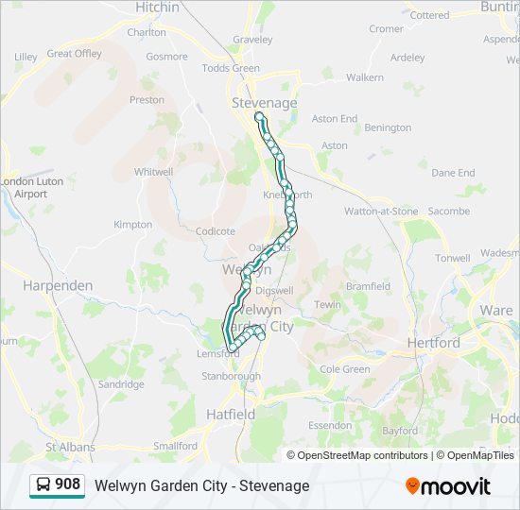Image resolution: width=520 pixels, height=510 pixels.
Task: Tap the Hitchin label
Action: pyautogui.click(x=157, y=8)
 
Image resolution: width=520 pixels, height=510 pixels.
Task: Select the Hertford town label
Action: pyautogui.click(x=433, y=343)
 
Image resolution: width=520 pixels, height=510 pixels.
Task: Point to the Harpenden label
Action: pyautogui.click(x=58, y=285)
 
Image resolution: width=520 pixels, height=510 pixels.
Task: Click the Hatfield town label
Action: pyautogui.click(x=231, y=415)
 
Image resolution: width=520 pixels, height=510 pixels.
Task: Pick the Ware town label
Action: pyautogui.click(x=496, y=310)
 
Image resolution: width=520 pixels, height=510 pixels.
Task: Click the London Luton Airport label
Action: pyautogui.click(x=24, y=187)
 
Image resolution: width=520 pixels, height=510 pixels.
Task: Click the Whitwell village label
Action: pyautogui.click(x=154, y=172)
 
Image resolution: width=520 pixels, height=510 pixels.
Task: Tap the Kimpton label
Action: pyautogui.click(x=132, y=225)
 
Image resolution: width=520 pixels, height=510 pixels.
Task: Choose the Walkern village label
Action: pyautogui.click(x=365, y=77)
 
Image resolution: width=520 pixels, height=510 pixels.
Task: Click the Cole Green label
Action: pyautogui.click(x=345, y=369)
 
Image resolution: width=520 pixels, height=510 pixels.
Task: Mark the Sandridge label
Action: pyautogui.click(x=122, y=384)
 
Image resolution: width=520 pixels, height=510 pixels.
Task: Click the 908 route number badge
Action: pyautogui.click(x=68, y=484)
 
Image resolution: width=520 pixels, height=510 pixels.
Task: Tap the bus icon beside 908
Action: pyautogui.click(x=43, y=485)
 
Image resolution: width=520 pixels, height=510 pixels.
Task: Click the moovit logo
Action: pyautogui.click(x=448, y=485)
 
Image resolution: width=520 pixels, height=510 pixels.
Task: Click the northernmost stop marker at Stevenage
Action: pyautogui.click(x=259, y=117)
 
